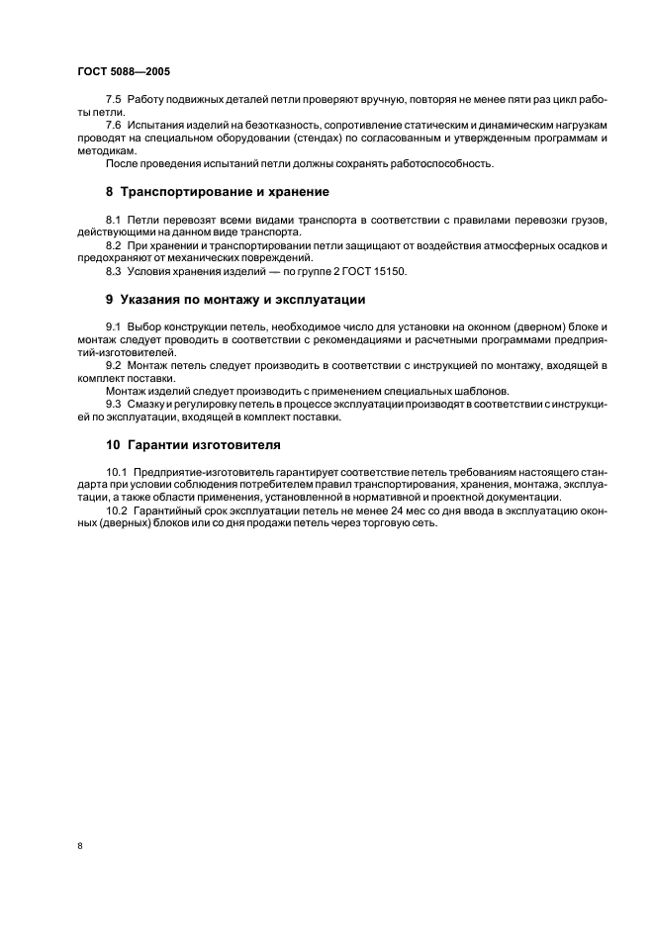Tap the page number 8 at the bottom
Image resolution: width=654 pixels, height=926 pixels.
click(x=79, y=846)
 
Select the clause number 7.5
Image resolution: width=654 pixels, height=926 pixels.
click(x=113, y=102)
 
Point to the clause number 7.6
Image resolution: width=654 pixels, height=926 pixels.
click(x=113, y=126)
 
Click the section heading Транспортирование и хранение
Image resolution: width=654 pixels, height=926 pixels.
click(x=224, y=191)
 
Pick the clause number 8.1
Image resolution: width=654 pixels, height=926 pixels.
click(x=113, y=219)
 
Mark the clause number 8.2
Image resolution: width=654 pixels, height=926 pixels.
click(x=113, y=243)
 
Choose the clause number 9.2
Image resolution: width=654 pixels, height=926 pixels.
click(x=113, y=365)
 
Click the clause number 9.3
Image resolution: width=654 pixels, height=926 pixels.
click(x=113, y=404)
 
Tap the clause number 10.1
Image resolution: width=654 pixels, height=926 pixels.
click(x=116, y=474)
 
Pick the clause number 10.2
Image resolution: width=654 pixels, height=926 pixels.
click(x=116, y=510)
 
